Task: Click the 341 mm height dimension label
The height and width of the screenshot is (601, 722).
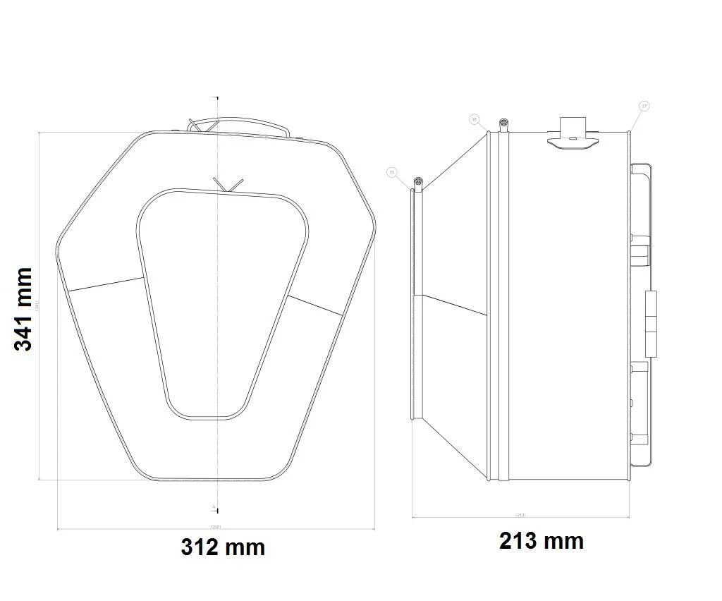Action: point(23,309)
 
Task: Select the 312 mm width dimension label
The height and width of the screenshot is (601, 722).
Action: point(223,547)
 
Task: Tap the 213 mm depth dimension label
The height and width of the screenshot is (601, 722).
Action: point(541,541)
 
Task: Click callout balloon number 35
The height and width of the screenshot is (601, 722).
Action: point(392,171)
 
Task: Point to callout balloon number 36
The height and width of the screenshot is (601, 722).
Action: point(474,120)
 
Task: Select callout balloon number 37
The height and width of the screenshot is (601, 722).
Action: point(643,107)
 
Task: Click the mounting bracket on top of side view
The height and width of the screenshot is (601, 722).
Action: point(572,134)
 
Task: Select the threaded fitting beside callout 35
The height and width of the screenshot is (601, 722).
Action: point(418,184)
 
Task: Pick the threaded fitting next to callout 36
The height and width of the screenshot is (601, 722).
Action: point(503,125)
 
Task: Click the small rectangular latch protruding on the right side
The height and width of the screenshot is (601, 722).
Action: point(651,323)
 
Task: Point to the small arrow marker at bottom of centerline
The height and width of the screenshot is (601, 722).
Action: point(214,506)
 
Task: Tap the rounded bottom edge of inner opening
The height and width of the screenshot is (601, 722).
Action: point(208,417)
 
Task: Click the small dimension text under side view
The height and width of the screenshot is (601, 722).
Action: point(520,515)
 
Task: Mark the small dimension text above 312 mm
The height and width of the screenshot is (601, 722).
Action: point(215,526)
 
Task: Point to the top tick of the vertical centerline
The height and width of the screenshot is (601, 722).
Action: point(216,97)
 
